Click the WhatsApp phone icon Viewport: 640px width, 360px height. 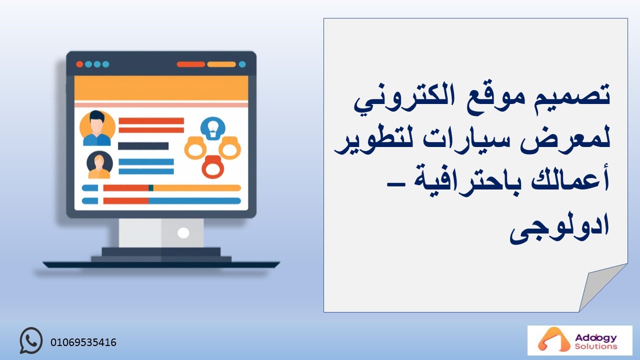[x=31, y=340]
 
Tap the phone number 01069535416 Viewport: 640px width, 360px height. [x=83, y=342]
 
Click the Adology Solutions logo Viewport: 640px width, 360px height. [x=579, y=340]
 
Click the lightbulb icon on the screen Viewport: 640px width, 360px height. [x=213, y=128]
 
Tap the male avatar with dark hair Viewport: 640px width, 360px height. [x=97, y=128]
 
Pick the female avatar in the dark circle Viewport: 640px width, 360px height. [x=99, y=164]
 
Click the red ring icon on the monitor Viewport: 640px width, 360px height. [x=213, y=167]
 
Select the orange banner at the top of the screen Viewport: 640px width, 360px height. [x=161, y=88]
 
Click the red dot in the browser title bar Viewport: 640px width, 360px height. [x=79, y=64]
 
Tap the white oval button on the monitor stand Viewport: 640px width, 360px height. [x=183, y=233]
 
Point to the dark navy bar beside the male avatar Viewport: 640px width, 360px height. [x=143, y=146]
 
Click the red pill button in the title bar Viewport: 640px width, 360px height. [x=191, y=64]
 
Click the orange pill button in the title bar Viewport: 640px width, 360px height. [x=221, y=64]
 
